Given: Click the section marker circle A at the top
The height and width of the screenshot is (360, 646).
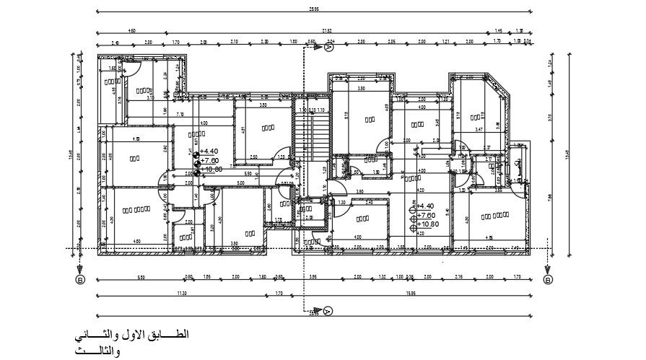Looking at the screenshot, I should [x=328, y=50].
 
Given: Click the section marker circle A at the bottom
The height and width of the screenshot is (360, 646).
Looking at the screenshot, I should [x=328, y=311].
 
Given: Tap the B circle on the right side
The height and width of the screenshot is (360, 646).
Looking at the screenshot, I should [x=547, y=280].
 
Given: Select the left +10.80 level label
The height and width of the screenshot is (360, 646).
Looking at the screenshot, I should [x=211, y=170].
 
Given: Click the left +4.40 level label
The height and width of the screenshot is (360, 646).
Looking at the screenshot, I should [x=209, y=152].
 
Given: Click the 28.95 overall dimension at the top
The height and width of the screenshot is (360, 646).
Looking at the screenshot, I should [x=313, y=10].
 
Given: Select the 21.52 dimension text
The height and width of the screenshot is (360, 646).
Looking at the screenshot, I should [x=326, y=31].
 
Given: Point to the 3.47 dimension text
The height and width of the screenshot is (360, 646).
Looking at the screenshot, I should [x=479, y=129].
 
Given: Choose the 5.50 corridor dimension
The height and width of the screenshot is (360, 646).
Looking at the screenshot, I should [x=248, y=174].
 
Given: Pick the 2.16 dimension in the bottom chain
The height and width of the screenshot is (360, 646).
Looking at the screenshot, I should [x=459, y=277].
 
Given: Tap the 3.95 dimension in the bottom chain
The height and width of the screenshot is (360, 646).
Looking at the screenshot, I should [x=313, y=277].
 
